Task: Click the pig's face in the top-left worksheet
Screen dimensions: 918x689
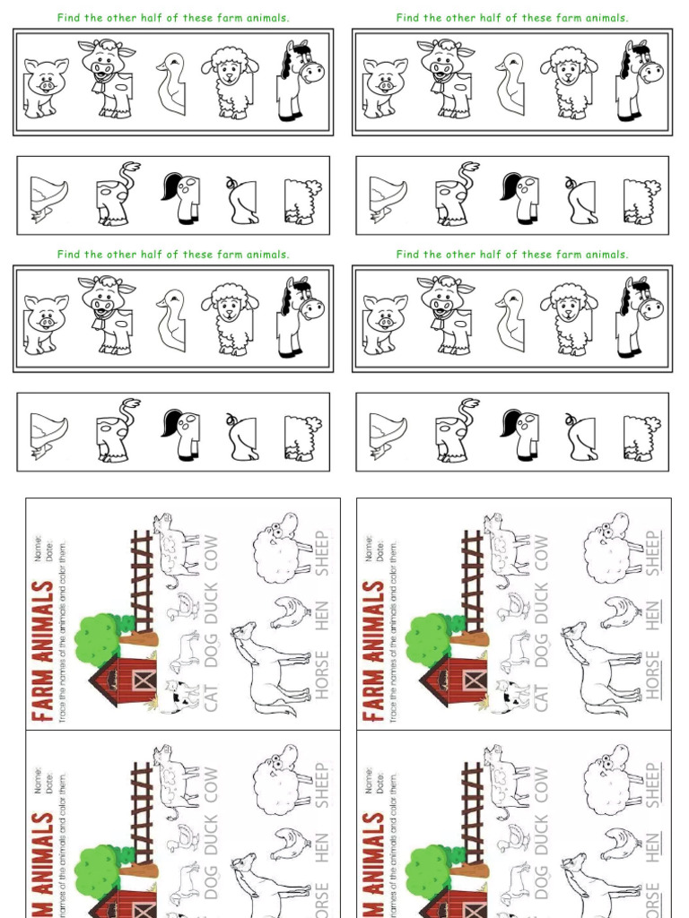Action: (45, 79)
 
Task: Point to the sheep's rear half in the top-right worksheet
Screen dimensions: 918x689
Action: (641, 201)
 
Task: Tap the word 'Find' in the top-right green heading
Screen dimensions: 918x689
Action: (408, 18)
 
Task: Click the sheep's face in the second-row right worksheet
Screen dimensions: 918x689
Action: (568, 307)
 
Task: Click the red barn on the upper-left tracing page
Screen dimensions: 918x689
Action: (126, 681)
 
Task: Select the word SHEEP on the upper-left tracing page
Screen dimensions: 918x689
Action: (322, 552)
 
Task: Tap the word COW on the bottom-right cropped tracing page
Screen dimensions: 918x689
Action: (541, 784)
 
